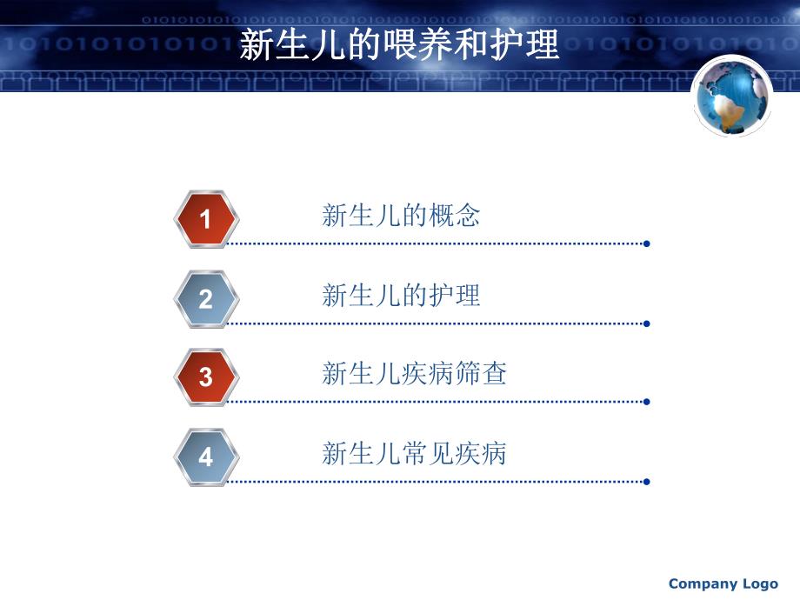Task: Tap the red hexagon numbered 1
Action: click(205, 218)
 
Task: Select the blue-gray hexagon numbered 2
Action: click(205, 298)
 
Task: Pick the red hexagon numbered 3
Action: click(205, 377)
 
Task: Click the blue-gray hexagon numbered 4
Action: click(205, 457)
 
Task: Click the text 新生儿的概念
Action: click(401, 216)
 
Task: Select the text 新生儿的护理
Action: click(401, 296)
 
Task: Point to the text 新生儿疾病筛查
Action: click(414, 374)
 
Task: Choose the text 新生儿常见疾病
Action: click(414, 454)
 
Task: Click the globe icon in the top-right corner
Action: click(732, 96)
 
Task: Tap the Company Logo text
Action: click(723, 583)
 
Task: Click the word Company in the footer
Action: click(703, 583)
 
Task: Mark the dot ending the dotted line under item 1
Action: click(646, 243)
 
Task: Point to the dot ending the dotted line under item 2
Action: click(646, 323)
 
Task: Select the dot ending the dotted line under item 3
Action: click(646, 402)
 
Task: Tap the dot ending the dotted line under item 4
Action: click(646, 481)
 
